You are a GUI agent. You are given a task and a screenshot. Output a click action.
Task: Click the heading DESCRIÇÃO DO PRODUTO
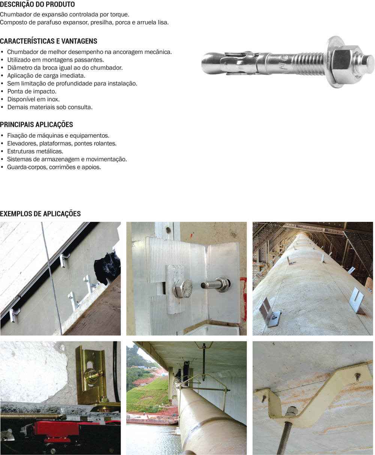37,4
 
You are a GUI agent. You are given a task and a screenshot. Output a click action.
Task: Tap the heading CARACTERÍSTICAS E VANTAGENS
49,41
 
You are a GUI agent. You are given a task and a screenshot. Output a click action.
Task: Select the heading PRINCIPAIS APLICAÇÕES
36,125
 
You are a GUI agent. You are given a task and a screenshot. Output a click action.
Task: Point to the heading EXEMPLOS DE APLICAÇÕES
40,214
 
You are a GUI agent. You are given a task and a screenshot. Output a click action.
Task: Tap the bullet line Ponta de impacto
32,91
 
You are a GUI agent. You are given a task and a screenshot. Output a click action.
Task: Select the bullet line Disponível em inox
33,99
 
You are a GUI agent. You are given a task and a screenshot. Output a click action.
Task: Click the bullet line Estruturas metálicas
35,151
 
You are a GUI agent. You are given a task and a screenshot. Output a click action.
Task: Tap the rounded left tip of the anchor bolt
207,63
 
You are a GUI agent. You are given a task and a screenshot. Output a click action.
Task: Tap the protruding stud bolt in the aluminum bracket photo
215,284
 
